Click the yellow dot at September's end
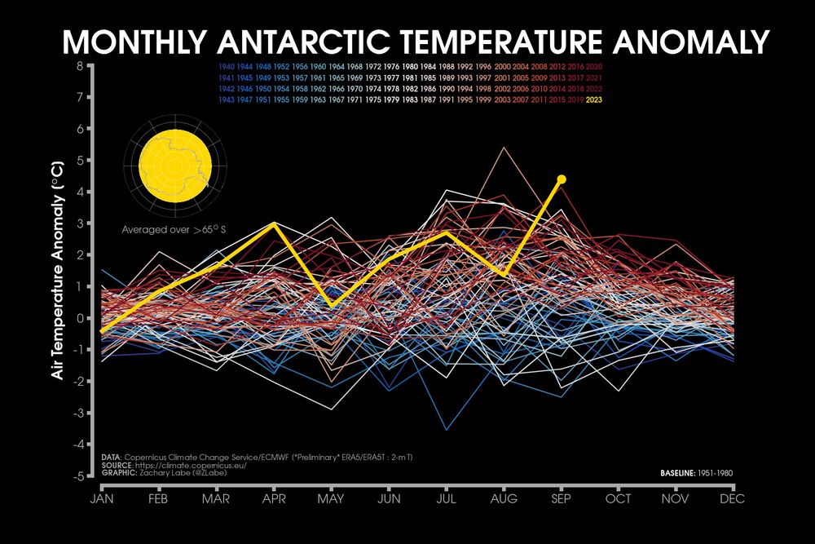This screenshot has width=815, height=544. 562,179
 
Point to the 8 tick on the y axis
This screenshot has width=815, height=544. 80,66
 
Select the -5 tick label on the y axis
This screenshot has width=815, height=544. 78,475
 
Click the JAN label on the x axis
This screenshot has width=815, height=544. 102,499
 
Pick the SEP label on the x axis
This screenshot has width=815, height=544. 562,499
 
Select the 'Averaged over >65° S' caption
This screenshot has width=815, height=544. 173,229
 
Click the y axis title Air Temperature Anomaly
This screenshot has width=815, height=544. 58,271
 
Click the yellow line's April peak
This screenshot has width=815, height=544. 275,223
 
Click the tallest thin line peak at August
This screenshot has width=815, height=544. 504,148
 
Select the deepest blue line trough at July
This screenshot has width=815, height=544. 446,429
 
